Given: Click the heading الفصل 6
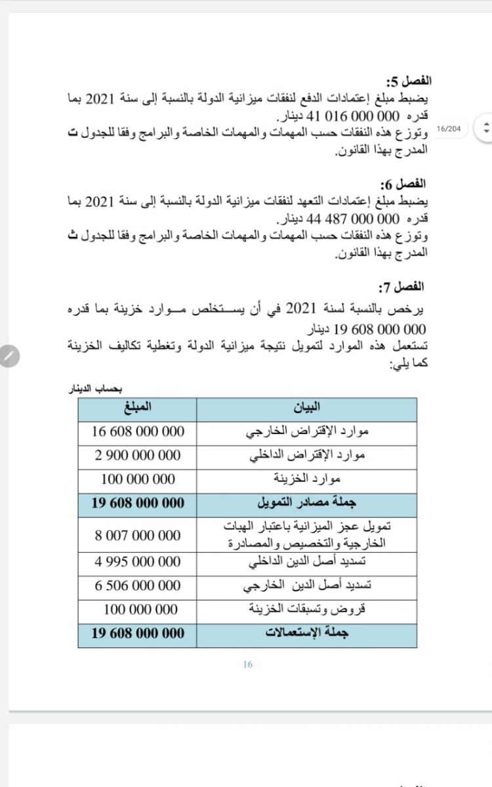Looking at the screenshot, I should [403, 184].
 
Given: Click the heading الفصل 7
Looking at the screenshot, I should [401, 287].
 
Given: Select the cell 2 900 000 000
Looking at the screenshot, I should [138, 455].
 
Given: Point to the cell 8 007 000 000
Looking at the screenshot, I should [138, 535].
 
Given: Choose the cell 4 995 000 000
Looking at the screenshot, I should [138, 562].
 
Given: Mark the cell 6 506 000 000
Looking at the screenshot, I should [138, 586].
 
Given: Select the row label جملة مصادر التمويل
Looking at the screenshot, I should [306, 503].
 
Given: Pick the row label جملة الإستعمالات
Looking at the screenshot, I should [306, 634].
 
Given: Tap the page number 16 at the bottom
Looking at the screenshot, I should [247, 664].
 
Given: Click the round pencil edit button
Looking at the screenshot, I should [8, 356].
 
